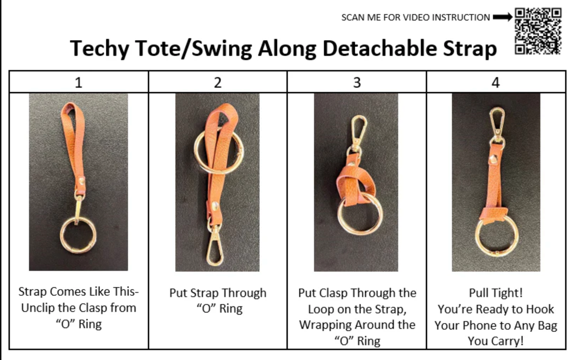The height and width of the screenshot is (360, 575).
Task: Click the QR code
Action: click(x=538, y=31)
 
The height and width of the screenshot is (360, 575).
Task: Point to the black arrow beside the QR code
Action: click(x=503, y=17)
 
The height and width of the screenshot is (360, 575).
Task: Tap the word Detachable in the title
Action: click(x=379, y=48)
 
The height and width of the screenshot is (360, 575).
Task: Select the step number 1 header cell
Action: click(x=79, y=82)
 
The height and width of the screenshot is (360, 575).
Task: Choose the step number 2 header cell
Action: click(x=218, y=82)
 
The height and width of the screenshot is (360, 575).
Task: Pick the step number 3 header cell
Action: click(x=357, y=82)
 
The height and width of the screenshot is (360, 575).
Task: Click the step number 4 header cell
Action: click(x=496, y=82)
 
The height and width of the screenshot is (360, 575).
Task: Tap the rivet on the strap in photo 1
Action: click(x=82, y=181)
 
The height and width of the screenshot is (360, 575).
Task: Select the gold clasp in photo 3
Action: click(x=358, y=134)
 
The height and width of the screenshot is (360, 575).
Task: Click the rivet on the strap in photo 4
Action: click(x=493, y=159)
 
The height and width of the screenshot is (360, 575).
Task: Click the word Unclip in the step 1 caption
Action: click(x=36, y=308)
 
